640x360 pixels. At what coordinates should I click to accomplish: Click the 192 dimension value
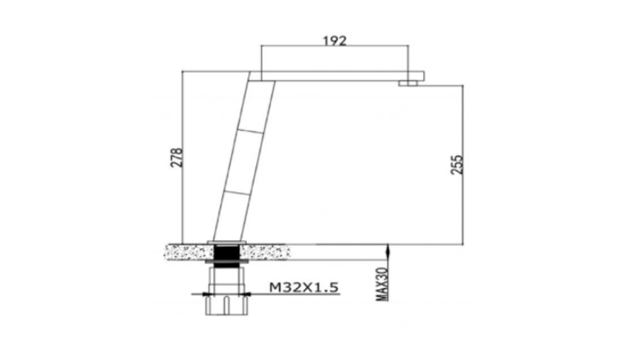334,41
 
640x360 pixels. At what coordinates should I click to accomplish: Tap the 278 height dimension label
176,157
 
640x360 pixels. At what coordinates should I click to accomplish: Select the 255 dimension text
456,164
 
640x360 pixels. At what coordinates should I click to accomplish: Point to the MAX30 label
382,284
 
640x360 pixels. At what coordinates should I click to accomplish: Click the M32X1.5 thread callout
303,287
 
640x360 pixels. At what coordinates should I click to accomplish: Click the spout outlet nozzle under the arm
408,83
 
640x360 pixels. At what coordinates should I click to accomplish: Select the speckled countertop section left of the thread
189,252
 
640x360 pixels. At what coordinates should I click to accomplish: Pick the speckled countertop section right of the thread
265,252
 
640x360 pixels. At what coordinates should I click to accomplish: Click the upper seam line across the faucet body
250,131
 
